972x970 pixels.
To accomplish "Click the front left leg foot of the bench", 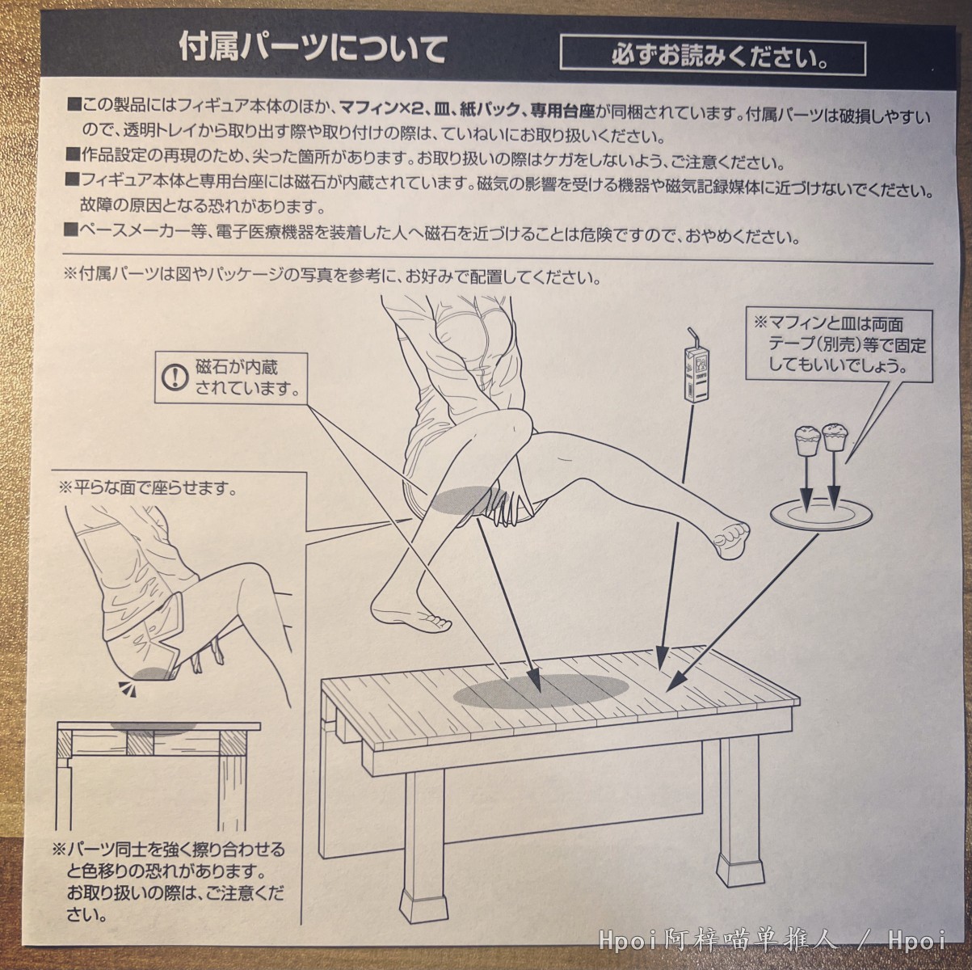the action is pos(419,905).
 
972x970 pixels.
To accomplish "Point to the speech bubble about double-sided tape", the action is pos(838,344).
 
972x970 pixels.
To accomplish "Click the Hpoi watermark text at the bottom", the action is pos(772,940).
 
